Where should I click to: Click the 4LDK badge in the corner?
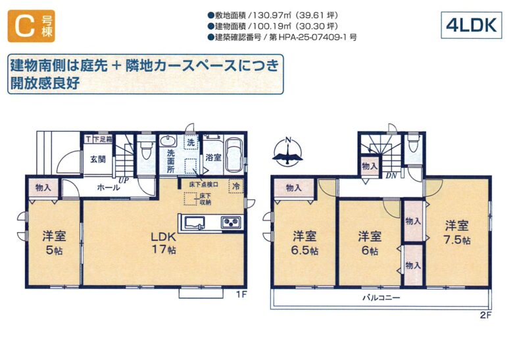[471, 25]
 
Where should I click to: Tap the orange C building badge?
[32, 26]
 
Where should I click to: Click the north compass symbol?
[287, 151]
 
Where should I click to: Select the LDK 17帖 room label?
[163, 243]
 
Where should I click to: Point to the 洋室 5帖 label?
[54, 243]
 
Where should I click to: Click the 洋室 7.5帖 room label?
[456, 232]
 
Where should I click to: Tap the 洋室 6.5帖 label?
[305, 243]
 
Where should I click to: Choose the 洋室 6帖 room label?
[370, 243]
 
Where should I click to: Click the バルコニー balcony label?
[381, 298]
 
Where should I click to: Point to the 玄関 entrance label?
[98, 159]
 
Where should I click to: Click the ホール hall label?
[109, 188]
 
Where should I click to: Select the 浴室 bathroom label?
[213, 157]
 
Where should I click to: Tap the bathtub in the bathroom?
[234, 155]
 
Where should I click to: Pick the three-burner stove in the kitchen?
[232, 222]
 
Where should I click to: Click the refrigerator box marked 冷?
[236, 186]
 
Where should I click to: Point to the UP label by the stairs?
[124, 180]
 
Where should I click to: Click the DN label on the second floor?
[391, 176]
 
